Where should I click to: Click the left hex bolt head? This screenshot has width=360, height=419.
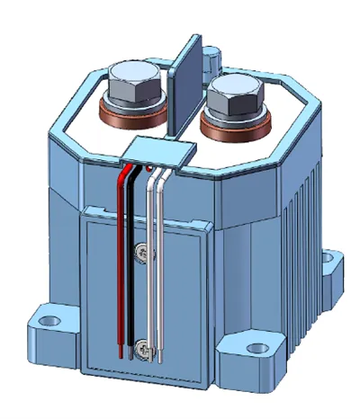[132, 79]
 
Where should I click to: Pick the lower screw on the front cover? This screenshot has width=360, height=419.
[143, 344]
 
